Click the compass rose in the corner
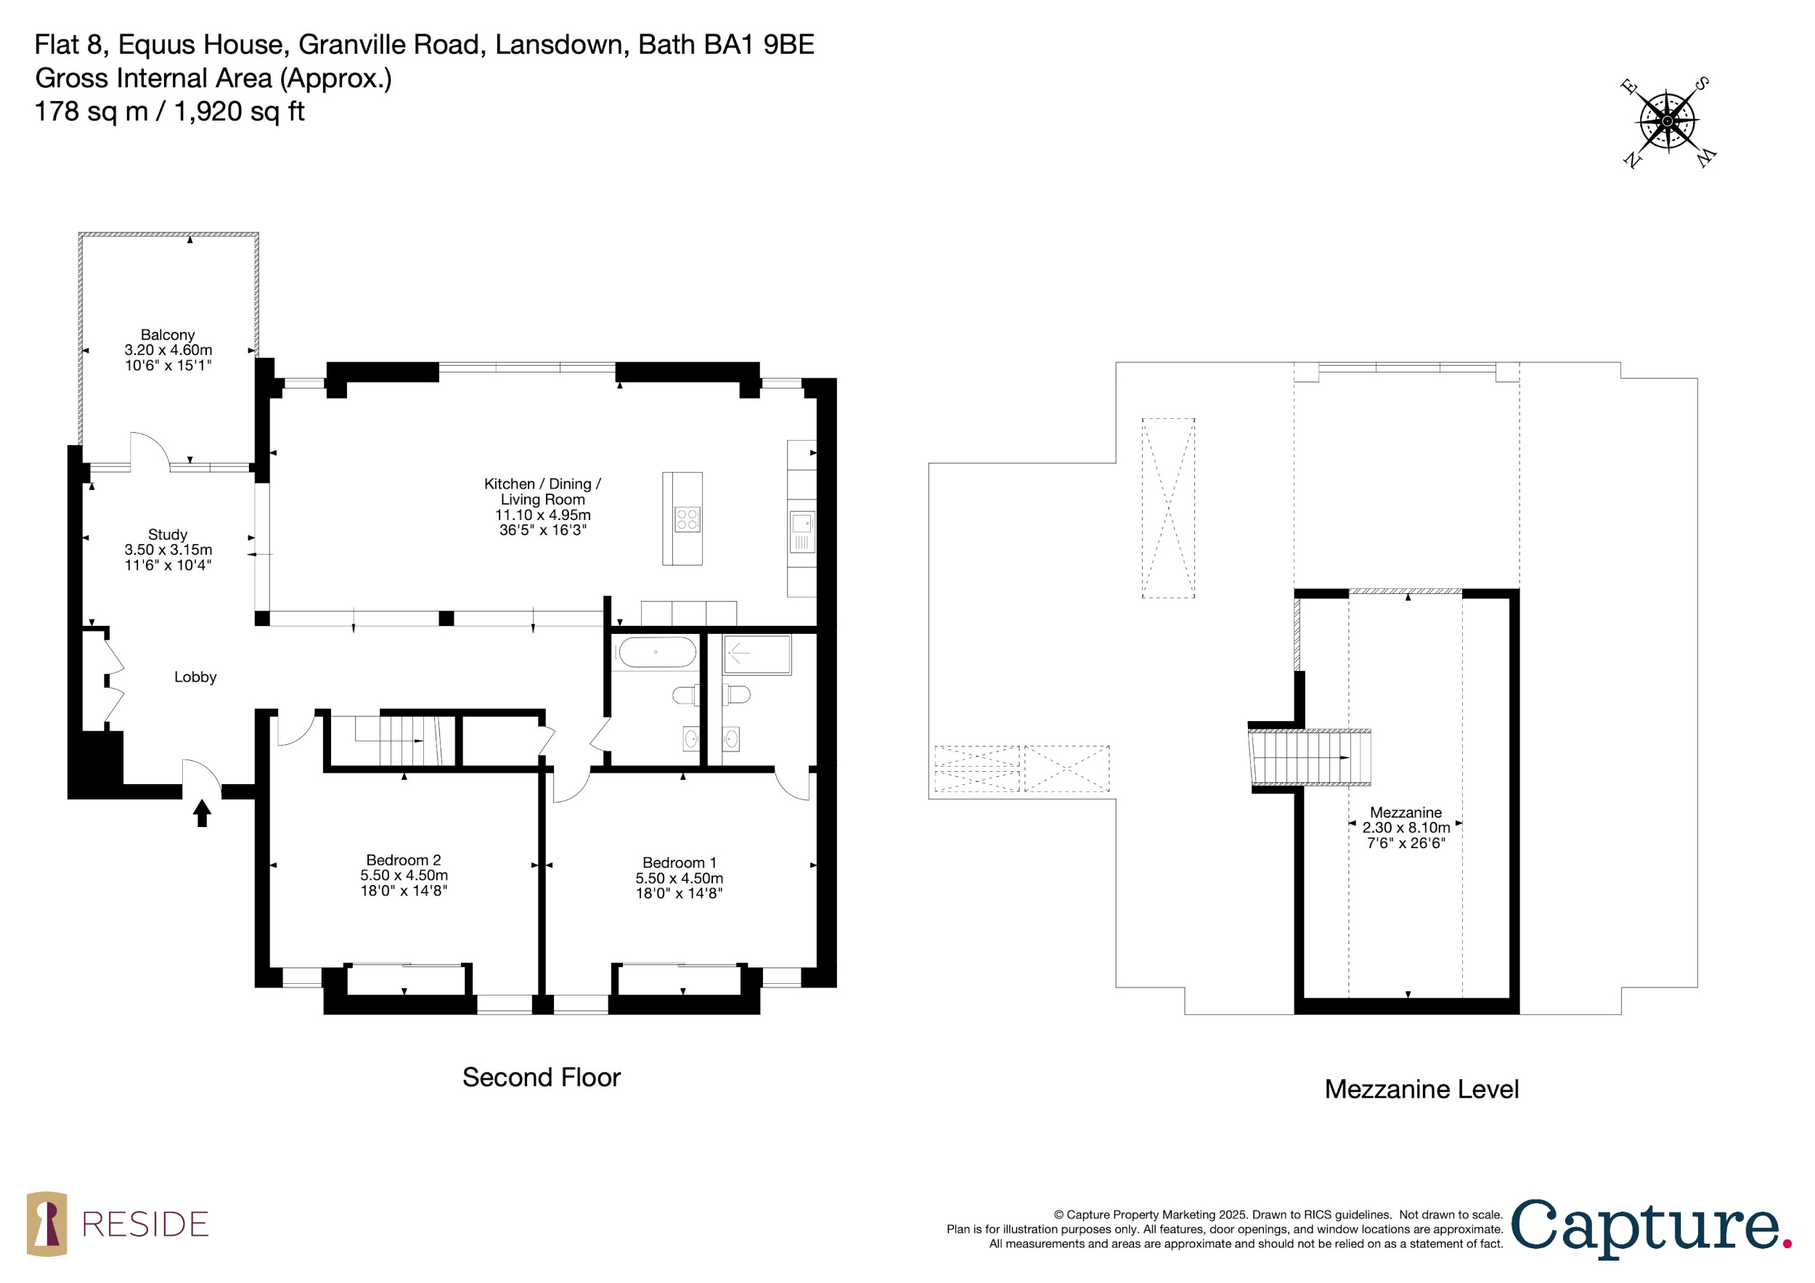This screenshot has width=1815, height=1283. pyautogui.click(x=1667, y=121)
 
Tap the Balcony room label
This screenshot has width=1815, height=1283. pyautogui.click(x=168, y=335)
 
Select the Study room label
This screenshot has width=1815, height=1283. pyautogui.click(x=168, y=534)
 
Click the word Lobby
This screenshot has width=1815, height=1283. pyautogui.click(x=195, y=677)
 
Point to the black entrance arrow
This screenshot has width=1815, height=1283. pyautogui.click(x=203, y=812)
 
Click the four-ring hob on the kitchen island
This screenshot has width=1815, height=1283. pyautogui.click(x=687, y=519)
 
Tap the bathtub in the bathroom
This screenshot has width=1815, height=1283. pyautogui.click(x=657, y=653)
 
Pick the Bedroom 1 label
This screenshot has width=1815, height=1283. pyautogui.click(x=679, y=863)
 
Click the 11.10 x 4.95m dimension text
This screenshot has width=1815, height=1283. pyautogui.click(x=543, y=515)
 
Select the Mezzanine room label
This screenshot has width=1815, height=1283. pyautogui.click(x=1406, y=812)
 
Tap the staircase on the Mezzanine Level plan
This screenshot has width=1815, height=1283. pyautogui.click(x=1310, y=757)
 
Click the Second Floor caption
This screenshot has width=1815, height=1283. pyautogui.click(x=542, y=1077)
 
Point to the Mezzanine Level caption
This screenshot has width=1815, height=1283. pyautogui.click(x=1422, y=1088)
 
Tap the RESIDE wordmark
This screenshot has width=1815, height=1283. pyautogui.click(x=145, y=1224)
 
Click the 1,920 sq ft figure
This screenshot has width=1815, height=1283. pyautogui.click(x=239, y=112)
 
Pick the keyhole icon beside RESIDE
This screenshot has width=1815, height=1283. pyautogui.click(x=46, y=1223)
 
